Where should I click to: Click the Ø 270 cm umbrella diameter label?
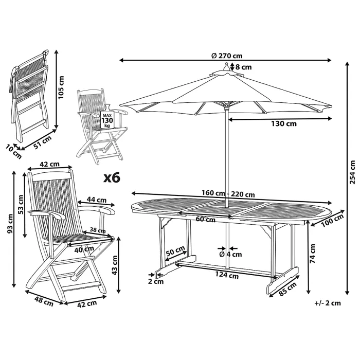(x=226, y=56)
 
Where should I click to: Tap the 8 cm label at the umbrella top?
(x=243, y=66)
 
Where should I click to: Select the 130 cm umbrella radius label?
(x=283, y=123)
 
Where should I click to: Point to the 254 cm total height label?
(x=352, y=172)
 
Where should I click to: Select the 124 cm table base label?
(x=227, y=275)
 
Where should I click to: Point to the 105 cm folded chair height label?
(x=61, y=87)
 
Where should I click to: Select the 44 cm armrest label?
(x=97, y=200)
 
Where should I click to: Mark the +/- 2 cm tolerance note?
(x=327, y=303)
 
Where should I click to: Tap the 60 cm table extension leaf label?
(x=205, y=220)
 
